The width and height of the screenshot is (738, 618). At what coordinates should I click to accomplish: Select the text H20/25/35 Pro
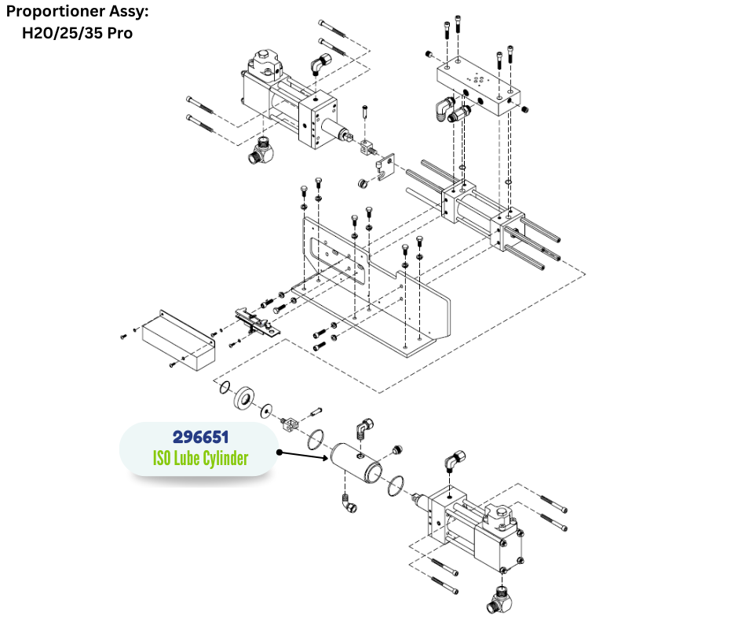(76, 33)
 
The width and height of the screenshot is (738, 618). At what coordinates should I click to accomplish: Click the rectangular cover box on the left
(177, 337)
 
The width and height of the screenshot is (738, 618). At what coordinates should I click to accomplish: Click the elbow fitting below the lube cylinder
(347, 505)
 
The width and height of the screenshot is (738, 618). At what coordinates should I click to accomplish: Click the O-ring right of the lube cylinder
(396, 486)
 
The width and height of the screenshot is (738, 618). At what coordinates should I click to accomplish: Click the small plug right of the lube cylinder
(396, 450)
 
